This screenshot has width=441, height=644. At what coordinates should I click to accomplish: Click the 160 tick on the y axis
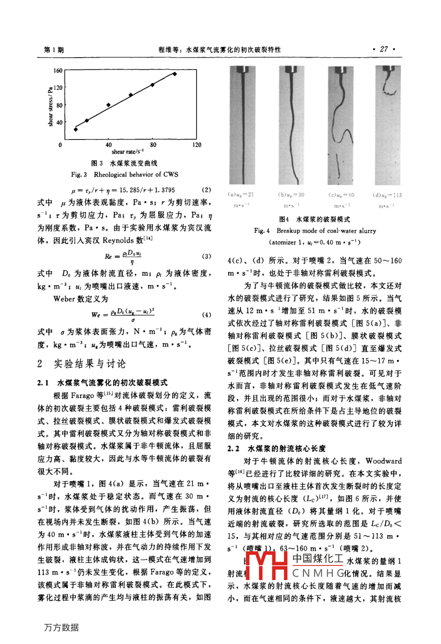pos(58,71)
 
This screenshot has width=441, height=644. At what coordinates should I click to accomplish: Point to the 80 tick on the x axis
pos(153,145)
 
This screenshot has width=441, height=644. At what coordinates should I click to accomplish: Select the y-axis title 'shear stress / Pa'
pos(50,106)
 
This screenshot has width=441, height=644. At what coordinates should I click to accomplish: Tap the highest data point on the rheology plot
pos(174,74)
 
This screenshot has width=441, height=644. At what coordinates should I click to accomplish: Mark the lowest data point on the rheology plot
pos(76,129)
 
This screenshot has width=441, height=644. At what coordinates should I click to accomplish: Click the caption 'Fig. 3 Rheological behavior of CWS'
pos(124,174)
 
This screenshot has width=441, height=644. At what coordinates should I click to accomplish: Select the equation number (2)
pos(206,189)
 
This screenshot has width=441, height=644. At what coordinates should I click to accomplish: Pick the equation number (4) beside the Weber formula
pos(206,315)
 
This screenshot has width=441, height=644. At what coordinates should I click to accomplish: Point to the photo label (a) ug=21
pos(241,195)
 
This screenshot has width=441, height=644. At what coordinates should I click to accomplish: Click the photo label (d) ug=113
pos(387,195)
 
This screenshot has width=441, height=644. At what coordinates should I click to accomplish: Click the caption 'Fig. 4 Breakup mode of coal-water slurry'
pos(315,230)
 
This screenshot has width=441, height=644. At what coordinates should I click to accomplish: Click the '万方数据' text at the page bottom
pos(61,627)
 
